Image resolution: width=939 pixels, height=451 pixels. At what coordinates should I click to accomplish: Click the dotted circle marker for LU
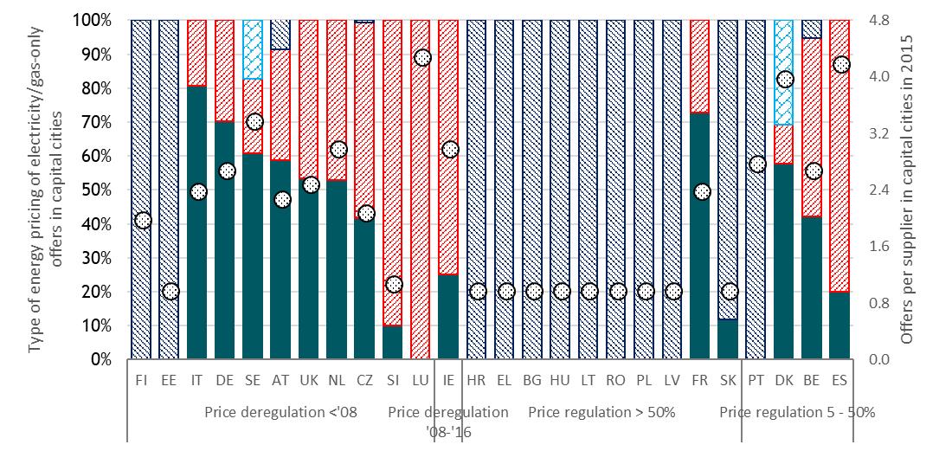click(422, 58)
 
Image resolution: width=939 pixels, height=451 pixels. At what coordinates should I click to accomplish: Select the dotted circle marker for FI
click(144, 220)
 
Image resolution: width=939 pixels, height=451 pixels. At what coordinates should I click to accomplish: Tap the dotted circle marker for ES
click(840, 65)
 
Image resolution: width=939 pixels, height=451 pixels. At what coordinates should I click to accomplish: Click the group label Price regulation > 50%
click(601, 412)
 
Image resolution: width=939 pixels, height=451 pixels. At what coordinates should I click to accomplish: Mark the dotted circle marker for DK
click(785, 79)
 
